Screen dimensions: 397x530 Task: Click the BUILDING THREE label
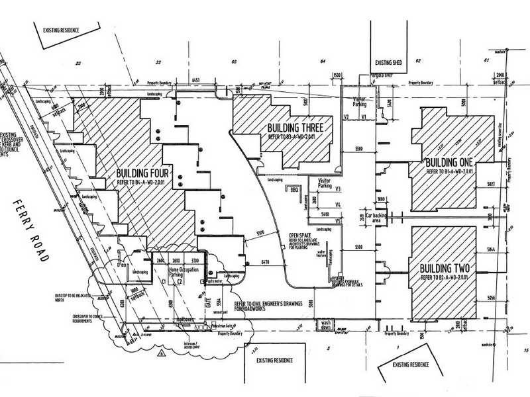pyautogui.click(x=295, y=128)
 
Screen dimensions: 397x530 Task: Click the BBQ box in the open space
pyautogui.click(x=295, y=189)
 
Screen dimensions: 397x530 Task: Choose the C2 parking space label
pyautogui.click(x=180, y=282)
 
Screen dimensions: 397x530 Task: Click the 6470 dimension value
pyautogui.click(x=265, y=263)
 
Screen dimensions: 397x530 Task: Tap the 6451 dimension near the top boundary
pyautogui.click(x=195, y=80)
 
